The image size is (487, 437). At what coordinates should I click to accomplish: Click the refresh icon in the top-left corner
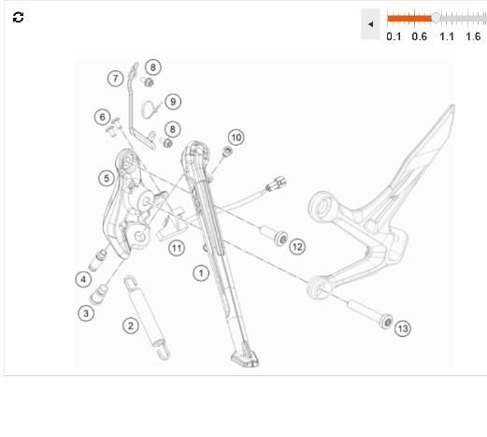[18, 17]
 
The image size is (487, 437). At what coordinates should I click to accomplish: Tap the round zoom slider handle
[436, 18]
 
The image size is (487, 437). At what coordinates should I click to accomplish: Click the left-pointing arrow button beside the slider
[370, 24]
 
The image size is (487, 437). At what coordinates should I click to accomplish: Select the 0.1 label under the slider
[394, 36]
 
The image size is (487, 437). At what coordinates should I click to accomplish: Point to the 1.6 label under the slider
[473, 36]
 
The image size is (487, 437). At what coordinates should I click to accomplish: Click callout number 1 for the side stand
[201, 273]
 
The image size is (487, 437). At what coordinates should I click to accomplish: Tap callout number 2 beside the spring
[131, 326]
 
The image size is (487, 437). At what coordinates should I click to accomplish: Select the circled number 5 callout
[107, 179]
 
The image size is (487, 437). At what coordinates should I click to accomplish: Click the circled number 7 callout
[116, 79]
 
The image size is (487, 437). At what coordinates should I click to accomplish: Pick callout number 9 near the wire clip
[173, 101]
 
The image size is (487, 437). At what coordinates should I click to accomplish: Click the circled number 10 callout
[236, 138]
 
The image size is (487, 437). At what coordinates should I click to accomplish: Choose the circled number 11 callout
[177, 248]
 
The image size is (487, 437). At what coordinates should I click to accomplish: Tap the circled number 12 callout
[297, 247]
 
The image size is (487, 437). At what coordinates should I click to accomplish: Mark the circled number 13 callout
[403, 328]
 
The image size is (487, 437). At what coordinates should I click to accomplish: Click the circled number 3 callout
[86, 313]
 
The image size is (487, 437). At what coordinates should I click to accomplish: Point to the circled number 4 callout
[83, 279]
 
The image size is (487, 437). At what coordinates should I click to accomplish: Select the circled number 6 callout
[103, 117]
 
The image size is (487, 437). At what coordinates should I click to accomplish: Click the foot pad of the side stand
[245, 358]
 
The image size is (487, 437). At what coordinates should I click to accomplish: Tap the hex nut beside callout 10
[227, 152]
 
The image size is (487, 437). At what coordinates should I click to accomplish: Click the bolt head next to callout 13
[386, 322]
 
